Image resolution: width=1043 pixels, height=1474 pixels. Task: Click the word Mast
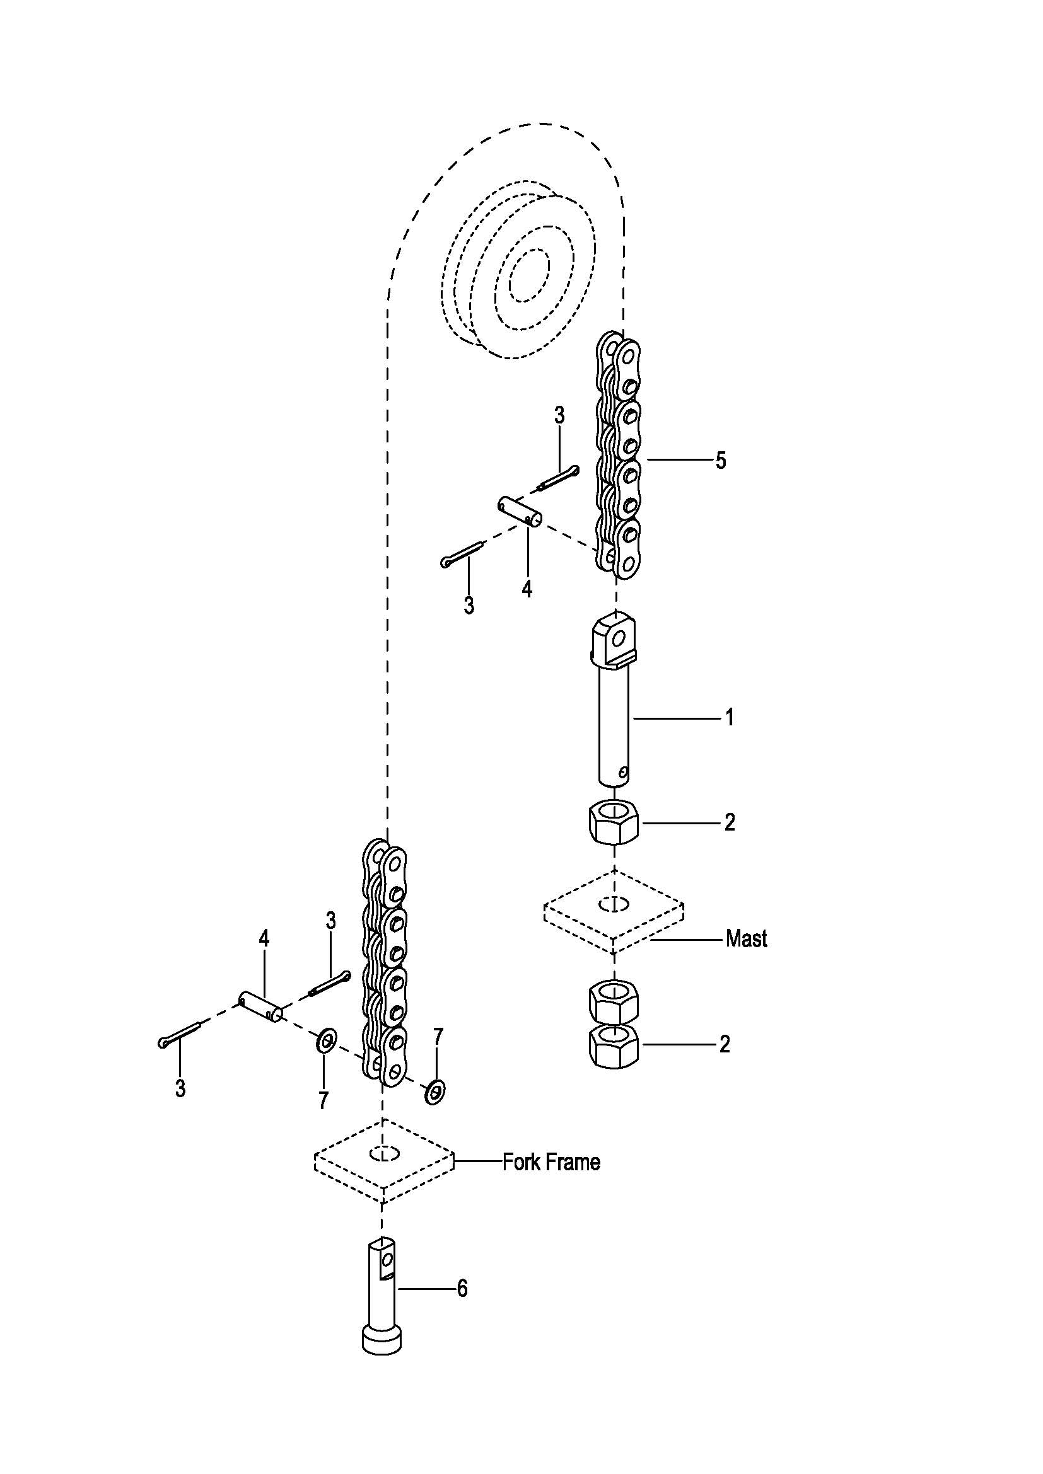point(746,939)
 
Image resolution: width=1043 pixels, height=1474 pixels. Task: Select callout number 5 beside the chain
point(721,460)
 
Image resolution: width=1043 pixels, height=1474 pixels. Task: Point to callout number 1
point(729,717)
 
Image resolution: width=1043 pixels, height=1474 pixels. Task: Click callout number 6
point(462,1289)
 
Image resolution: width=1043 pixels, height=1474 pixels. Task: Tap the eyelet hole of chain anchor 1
point(619,638)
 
